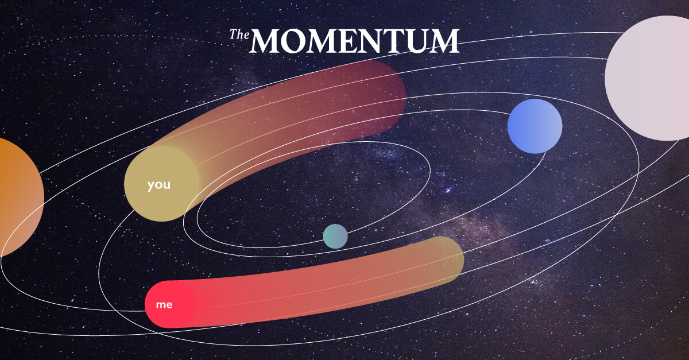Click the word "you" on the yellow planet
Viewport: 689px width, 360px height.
(x=158, y=185)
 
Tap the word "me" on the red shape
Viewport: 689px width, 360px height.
(x=164, y=305)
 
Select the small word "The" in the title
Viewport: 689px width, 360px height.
(x=239, y=34)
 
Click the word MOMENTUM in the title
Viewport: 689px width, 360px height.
(x=354, y=41)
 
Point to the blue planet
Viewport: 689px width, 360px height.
(x=535, y=126)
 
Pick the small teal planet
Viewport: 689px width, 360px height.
(x=335, y=237)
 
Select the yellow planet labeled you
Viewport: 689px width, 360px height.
(x=162, y=184)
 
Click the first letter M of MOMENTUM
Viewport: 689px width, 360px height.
(x=264, y=41)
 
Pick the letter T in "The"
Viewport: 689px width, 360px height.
(x=234, y=34)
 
